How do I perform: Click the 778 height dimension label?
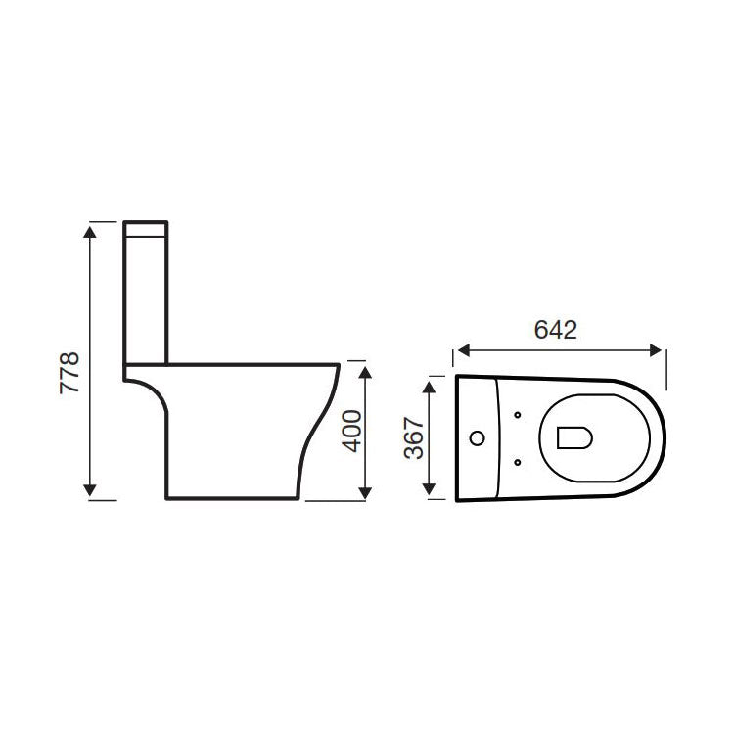click(69, 373)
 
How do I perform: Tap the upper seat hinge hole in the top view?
click(517, 416)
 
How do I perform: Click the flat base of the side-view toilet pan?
click(230, 500)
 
